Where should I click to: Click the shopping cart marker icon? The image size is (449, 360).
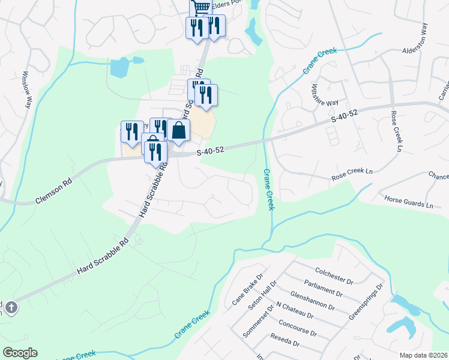201,7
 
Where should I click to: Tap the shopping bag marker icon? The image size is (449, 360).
178,130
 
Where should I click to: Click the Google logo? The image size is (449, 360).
20,353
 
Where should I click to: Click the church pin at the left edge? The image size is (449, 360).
11,307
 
